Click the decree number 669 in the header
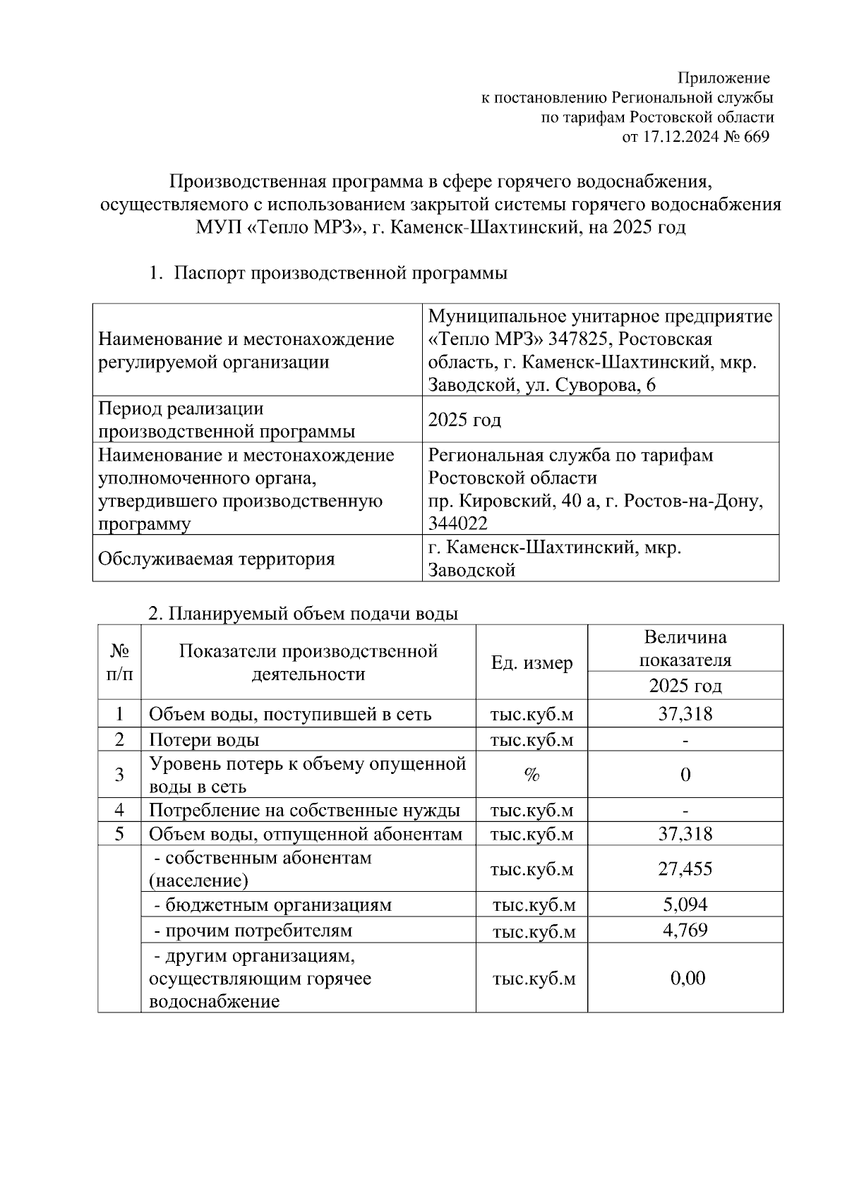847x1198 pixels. [756, 137]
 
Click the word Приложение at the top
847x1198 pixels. [723, 78]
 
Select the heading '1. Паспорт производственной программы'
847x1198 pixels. [328, 273]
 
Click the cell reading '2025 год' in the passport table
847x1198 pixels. [464, 420]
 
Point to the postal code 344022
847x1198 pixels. [457, 523]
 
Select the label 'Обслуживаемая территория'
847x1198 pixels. [216, 559]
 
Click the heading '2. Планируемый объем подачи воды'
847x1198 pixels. [303, 613]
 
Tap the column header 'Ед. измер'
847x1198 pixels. [531, 662]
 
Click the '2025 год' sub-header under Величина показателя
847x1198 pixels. [685, 686]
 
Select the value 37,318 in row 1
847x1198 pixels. [685, 714]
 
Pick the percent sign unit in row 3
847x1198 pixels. [531, 775]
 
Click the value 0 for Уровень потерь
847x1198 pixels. [685, 775]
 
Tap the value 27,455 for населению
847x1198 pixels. [685, 869]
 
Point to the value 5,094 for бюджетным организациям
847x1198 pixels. [685, 904]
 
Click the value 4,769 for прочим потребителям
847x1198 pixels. [685, 930]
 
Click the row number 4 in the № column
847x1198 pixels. [119, 810]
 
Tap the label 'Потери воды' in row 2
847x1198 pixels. [203, 739]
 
